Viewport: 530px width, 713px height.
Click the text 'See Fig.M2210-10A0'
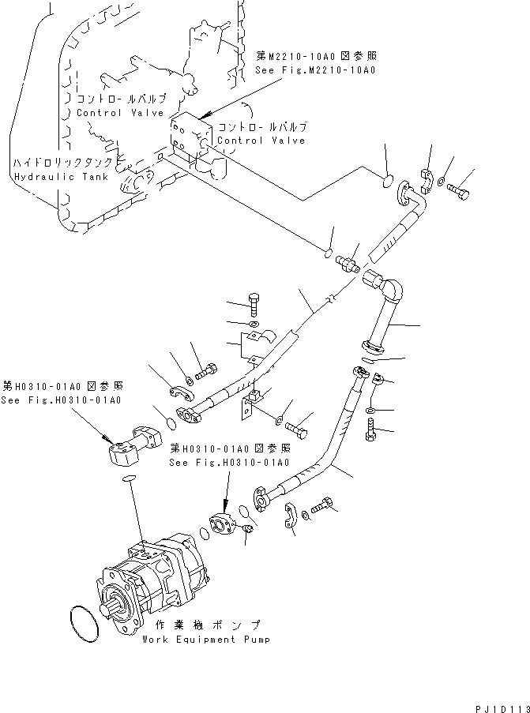click(315, 70)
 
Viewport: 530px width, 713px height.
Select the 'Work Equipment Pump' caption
click(206, 640)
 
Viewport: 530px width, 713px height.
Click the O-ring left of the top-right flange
click(387, 179)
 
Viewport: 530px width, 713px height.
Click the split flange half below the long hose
click(288, 516)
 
